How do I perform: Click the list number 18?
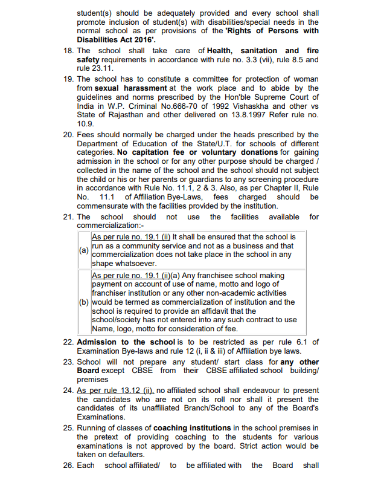(x=68, y=51)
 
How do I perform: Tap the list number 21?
(x=68, y=217)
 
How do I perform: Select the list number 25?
(x=68, y=429)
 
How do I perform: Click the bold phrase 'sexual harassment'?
(x=131, y=88)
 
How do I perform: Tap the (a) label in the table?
(x=84, y=250)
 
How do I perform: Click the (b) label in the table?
(x=84, y=302)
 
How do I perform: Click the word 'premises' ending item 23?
(x=92, y=380)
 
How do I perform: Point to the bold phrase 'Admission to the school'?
(x=126, y=342)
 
